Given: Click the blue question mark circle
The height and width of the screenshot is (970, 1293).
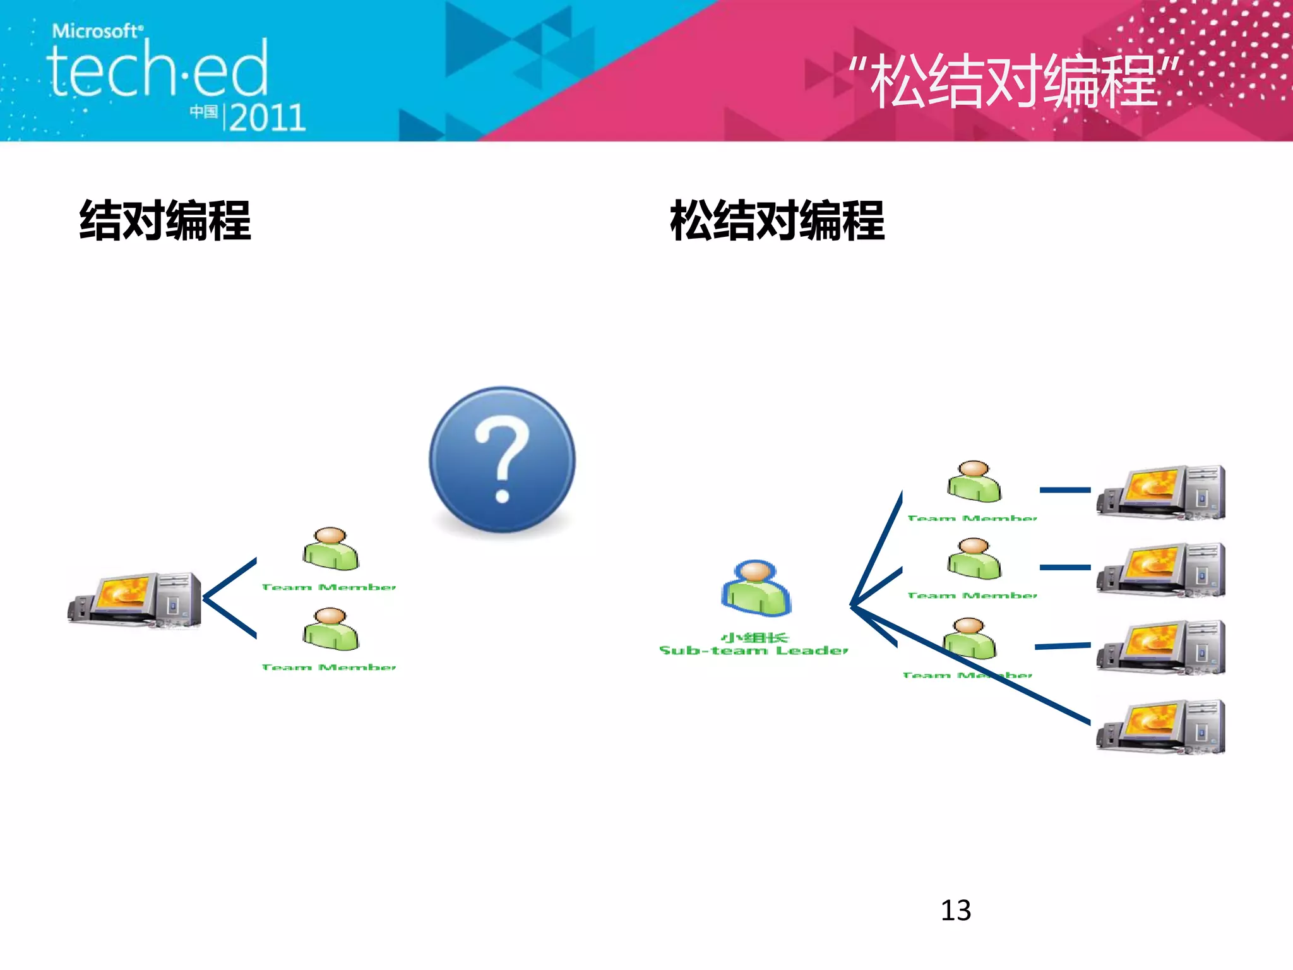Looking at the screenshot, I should point(502,460).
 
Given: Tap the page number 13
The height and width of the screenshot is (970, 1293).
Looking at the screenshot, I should point(955,910).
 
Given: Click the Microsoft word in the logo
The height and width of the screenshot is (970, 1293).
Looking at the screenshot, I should point(97,30).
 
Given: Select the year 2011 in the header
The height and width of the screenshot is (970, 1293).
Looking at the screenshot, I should point(267,117).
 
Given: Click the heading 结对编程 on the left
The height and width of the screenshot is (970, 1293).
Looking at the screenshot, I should point(165,220).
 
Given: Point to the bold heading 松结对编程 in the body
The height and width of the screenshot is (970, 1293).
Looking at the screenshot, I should point(777,220).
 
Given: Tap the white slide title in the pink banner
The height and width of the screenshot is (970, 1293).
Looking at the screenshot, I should point(1014,81).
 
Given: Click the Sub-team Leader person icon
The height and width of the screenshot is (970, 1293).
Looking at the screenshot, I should point(756,588).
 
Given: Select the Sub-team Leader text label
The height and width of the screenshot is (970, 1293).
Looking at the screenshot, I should point(754,650).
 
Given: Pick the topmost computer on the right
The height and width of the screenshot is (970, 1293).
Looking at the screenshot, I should point(1161,492).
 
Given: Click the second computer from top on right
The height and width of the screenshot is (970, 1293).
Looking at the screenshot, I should point(1161,570).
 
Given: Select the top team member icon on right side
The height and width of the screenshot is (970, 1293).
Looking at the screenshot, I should point(974,481).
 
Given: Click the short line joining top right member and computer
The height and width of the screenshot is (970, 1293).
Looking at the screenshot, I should point(1065,489).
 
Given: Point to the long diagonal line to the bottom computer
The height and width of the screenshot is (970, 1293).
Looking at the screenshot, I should point(1010,682).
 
